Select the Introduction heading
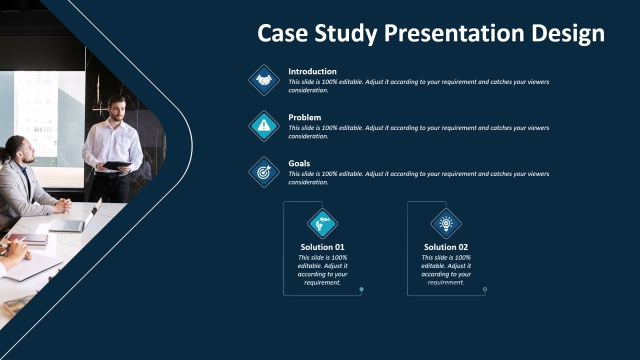pyautogui.click(x=312, y=71)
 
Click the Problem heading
pyautogui.click(x=304, y=117)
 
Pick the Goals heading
pyautogui.click(x=299, y=163)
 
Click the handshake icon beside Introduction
pyautogui.click(x=264, y=80)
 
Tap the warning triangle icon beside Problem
pyautogui.click(x=264, y=126)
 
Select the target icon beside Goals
pyautogui.click(x=264, y=172)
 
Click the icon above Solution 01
pyautogui.click(x=322, y=223)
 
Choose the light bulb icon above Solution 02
pyautogui.click(x=446, y=223)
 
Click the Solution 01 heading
pyautogui.click(x=322, y=247)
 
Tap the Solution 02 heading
pyautogui.click(x=446, y=247)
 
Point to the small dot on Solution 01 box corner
pyautogui.click(x=361, y=289)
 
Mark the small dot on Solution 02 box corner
pyautogui.click(x=485, y=289)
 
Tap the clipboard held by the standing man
pyautogui.click(x=116, y=165)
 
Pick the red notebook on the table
pyautogui.click(x=27, y=239)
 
